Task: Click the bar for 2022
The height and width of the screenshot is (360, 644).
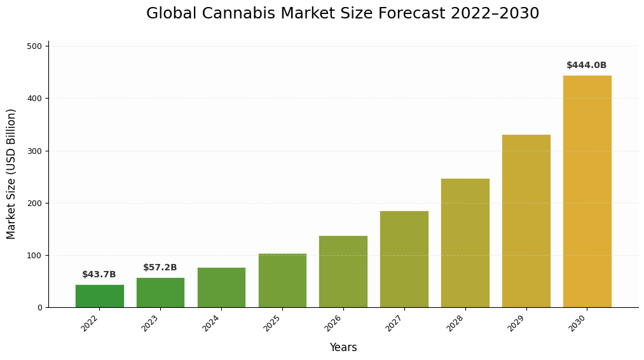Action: click(99, 296)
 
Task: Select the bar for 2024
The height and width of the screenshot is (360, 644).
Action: click(221, 287)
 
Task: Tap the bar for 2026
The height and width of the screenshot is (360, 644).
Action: click(343, 272)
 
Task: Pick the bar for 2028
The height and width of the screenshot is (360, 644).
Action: click(465, 243)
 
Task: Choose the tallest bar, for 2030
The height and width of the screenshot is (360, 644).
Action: click(587, 191)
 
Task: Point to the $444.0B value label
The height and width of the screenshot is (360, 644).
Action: click(586, 66)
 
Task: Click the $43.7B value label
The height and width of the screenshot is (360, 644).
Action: click(99, 275)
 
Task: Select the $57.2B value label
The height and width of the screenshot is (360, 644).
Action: click(160, 268)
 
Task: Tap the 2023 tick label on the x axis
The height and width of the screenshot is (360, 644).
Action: click(151, 323)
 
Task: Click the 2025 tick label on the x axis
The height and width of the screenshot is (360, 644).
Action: click(273, 323)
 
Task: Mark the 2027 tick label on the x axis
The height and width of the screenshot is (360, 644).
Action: click(395, 323)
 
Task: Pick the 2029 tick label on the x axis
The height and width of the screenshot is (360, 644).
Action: click(517, 323)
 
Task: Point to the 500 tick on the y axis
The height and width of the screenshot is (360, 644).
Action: click(34, 46)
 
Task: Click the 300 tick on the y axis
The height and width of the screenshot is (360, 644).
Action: click(34, 151)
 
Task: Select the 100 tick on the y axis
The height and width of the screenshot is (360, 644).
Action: click(34, 256)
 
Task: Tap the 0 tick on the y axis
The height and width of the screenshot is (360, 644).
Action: click(39, 308)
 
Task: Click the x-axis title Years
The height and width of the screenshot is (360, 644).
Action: click(343, 348)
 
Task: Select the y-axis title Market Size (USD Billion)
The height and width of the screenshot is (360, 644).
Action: click(11, 174)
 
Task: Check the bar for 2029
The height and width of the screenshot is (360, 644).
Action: click(526, 221)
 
